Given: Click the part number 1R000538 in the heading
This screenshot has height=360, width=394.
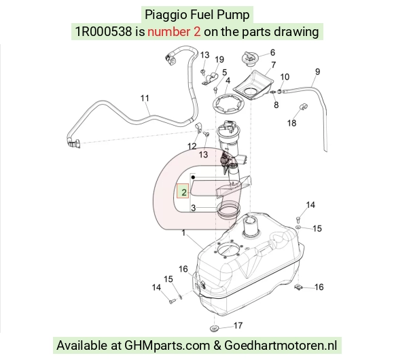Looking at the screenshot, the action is coord(103,32).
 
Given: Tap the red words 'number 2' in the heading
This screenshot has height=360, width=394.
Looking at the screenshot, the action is coord(174,32).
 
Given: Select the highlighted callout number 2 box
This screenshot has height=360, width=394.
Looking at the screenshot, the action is coord(183,191).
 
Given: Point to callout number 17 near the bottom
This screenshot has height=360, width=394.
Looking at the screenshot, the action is coord(238,325).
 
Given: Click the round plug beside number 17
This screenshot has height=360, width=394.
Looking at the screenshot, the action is coord(214,328).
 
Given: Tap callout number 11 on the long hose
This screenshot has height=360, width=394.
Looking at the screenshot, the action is coord(145,98).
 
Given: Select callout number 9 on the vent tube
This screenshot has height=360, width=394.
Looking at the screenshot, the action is coord(318,71).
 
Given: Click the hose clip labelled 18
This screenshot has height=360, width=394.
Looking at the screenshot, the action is coord(304,107).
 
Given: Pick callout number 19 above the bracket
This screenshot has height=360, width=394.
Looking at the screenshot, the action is coord(219,60).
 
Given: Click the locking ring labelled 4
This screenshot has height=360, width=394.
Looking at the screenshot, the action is coord(228,103).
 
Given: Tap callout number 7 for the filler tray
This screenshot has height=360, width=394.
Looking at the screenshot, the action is coord(273,65).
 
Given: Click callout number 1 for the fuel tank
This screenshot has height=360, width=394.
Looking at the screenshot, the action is coord(183,233).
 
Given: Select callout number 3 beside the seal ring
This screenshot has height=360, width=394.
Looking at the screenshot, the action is coord(193,208).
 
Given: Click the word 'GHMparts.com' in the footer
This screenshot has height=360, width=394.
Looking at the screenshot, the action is coord(167,346).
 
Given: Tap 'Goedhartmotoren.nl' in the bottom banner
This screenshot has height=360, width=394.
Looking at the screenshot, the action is coord(281,345).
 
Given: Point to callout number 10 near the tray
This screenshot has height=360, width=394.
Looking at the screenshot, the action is coord(285,77).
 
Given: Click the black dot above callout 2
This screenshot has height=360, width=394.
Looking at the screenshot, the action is coord(193,177).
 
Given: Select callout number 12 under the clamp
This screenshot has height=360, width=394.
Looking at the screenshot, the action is coord(192,146).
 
